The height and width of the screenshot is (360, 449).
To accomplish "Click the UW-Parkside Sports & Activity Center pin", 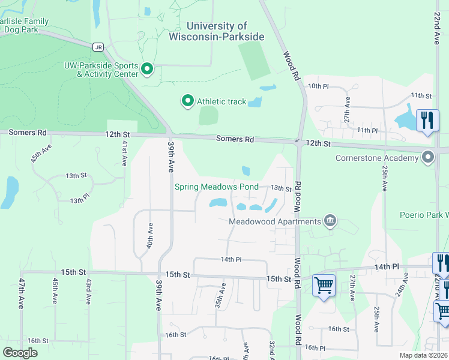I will tap(147, 70).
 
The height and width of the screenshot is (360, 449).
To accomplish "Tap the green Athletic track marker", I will tap(188, 101).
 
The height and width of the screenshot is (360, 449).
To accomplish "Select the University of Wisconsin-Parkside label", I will tap(225, 31).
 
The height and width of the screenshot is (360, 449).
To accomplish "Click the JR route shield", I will tap(98, 47).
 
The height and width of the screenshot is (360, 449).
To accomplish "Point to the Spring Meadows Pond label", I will tap(216, 187).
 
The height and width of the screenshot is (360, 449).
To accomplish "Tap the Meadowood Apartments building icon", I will tap(330, 221).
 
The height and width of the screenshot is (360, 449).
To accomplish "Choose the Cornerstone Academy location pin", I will tap(428, 158).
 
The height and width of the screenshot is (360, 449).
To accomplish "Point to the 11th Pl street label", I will tap(367, 130).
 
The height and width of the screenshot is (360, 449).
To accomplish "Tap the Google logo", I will tap(20, 353).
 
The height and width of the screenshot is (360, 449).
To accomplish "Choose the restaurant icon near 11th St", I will tap(427, 119).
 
